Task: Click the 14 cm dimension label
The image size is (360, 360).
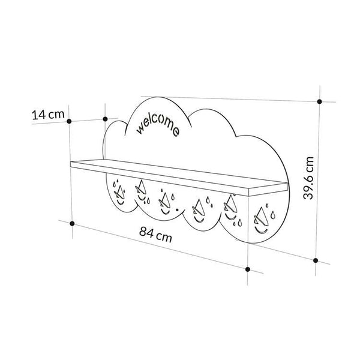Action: tap(48, 115)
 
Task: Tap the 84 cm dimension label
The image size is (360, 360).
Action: tap(155, 235)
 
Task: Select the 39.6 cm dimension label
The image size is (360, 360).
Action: tap(308, 178)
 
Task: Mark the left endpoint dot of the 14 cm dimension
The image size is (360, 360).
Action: tap(69, 121)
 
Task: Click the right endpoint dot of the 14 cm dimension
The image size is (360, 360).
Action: tap(105, 119)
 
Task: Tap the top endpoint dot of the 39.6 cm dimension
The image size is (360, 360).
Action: tap(319, 101)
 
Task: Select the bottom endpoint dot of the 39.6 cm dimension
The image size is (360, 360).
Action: tap(316, 260)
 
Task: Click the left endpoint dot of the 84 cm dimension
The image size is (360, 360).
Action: tap(72, 223)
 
